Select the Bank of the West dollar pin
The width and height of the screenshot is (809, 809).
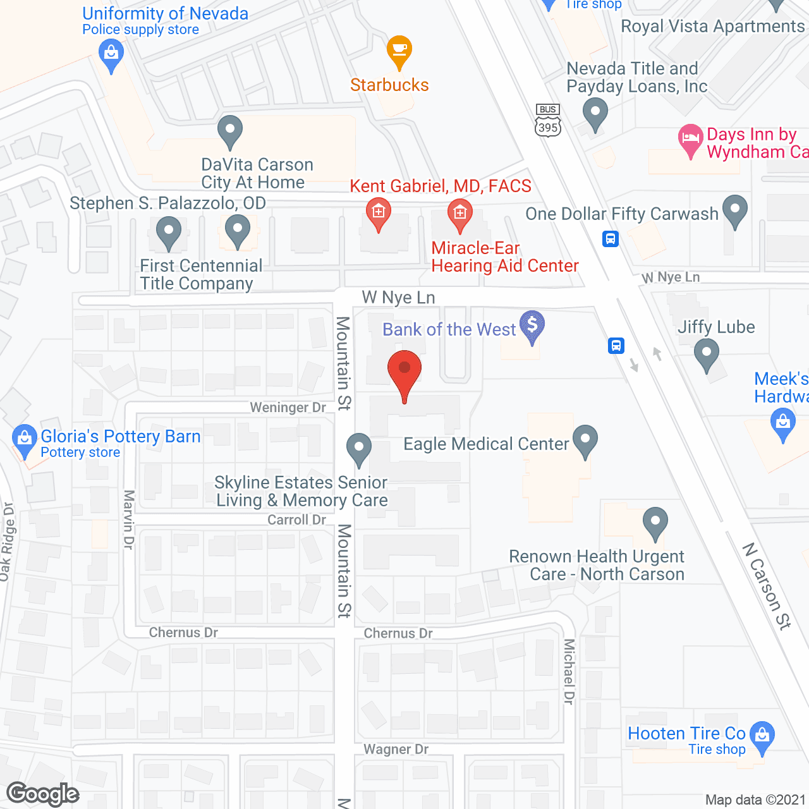tap(532, 326)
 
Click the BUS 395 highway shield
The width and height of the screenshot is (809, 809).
tap(547, 120)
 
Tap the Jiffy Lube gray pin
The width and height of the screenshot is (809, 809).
tap(707, 354)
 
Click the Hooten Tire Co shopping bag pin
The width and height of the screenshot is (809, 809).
tap(762, 737)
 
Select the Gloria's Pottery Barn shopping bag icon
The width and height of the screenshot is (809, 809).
tap(24, 439)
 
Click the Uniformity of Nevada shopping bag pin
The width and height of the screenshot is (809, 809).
tap(111, 55)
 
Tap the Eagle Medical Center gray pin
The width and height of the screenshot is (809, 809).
tap(585, 441)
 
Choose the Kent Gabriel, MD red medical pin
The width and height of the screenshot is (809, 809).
tap(379, 214)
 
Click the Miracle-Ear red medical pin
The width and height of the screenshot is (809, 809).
tap(460, 214)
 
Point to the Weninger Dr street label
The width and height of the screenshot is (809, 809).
tap(288, 408)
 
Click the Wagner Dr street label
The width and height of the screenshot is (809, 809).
tap(396, 750)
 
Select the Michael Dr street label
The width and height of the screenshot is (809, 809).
tap(569, 671)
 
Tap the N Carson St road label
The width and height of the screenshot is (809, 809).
tap(767, 586)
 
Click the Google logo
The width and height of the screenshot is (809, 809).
tap(43, 794)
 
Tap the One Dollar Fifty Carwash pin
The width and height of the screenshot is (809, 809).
tap(735, 210)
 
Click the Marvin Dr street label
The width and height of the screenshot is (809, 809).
tap(129, 520)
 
